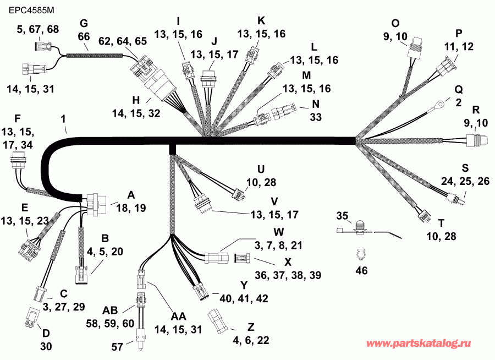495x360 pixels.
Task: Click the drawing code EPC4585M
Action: point(28,10)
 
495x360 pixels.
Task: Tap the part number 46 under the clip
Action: point(362,270)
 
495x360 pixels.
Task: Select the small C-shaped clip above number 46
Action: point(361,254)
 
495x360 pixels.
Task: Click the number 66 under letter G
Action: point(84,36)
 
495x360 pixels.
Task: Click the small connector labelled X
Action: point(241,258)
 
